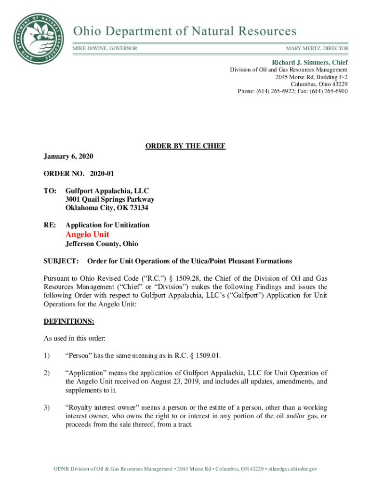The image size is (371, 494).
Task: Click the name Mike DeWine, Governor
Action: [105, 49]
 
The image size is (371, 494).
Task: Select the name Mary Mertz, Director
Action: [317, 49]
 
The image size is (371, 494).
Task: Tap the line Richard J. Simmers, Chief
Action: [310, 63]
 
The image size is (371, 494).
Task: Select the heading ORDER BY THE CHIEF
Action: [185, 146]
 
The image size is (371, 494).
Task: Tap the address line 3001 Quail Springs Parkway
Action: [110, 199]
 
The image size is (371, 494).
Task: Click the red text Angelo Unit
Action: [87, 234]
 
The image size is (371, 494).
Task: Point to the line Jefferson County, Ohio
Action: [102, 244]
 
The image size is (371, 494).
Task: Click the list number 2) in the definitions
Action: [47, 373]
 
